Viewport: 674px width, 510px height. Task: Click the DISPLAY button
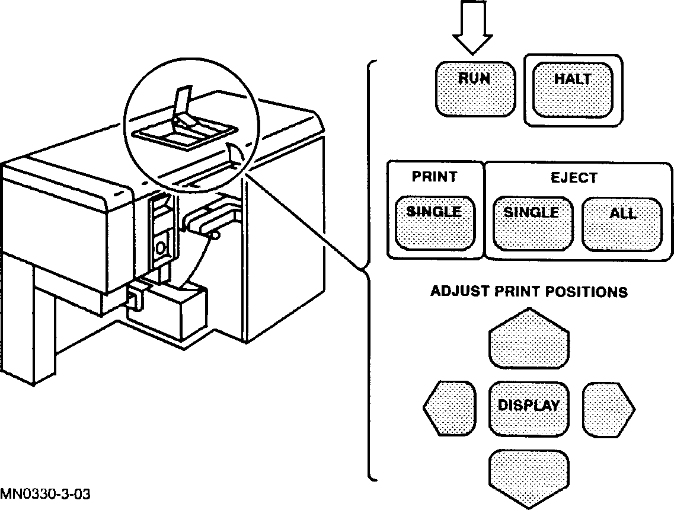(529, 408)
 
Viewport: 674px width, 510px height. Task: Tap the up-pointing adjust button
(529, 340)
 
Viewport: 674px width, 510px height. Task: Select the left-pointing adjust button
(451, 407)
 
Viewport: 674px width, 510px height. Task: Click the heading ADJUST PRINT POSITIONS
(529, 292)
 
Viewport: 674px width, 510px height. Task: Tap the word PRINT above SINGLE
(435, 177)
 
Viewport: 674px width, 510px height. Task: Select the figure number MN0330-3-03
(46, 494)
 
